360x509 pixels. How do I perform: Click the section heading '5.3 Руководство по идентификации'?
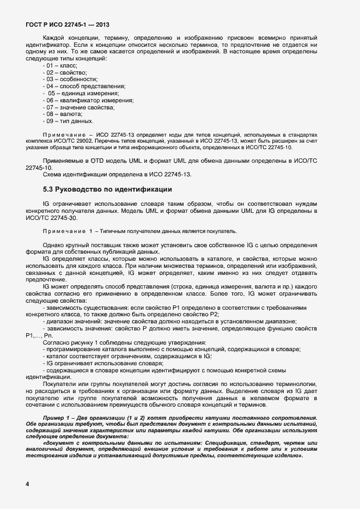click(107, 189)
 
